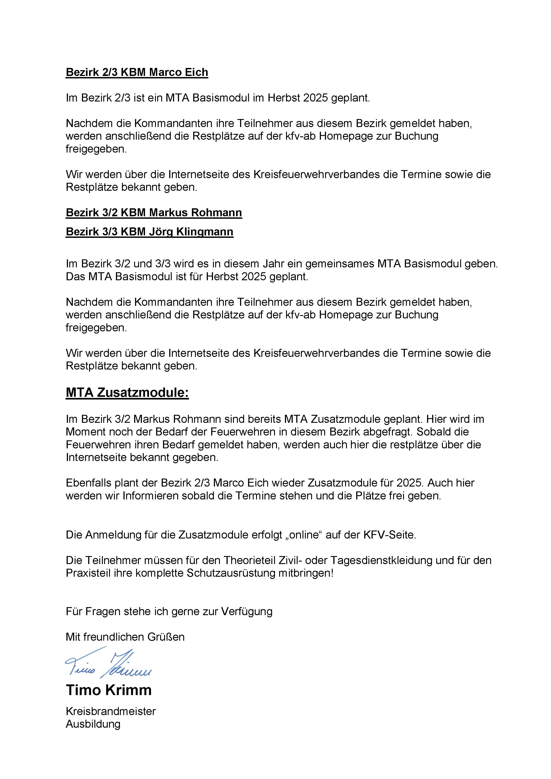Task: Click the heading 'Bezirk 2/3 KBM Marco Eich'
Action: tap(137, 72)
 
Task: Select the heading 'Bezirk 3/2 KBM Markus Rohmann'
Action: tap(154, 213)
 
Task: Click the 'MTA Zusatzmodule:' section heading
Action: tap(127, 393)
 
